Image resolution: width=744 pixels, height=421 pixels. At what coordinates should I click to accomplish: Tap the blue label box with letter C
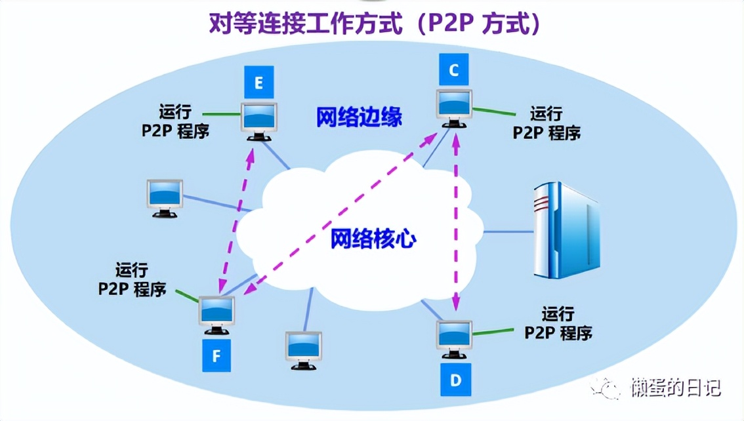click(454, 70)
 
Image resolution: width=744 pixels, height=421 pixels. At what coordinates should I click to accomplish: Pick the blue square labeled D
click(455, 380)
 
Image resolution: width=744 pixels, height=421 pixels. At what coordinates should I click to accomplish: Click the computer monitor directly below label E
click(260, 121)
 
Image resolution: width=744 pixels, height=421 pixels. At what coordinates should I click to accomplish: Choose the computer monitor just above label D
click(455, 338)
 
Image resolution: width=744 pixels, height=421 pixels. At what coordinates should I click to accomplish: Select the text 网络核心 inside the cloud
click(373, 239)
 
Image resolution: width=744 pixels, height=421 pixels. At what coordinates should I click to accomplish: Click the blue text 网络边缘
click(359, 118)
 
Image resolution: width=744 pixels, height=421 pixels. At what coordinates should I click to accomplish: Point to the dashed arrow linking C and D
click(455, 223)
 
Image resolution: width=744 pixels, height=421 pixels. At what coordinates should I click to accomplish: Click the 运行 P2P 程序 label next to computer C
click(546, 123)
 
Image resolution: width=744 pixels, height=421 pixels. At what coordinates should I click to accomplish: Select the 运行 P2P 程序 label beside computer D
click(558, 323)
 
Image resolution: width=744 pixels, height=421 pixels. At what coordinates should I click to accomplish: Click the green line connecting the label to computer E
click(221, 113)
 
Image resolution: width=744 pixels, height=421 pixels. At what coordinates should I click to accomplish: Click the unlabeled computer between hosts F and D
click(304, 349)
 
